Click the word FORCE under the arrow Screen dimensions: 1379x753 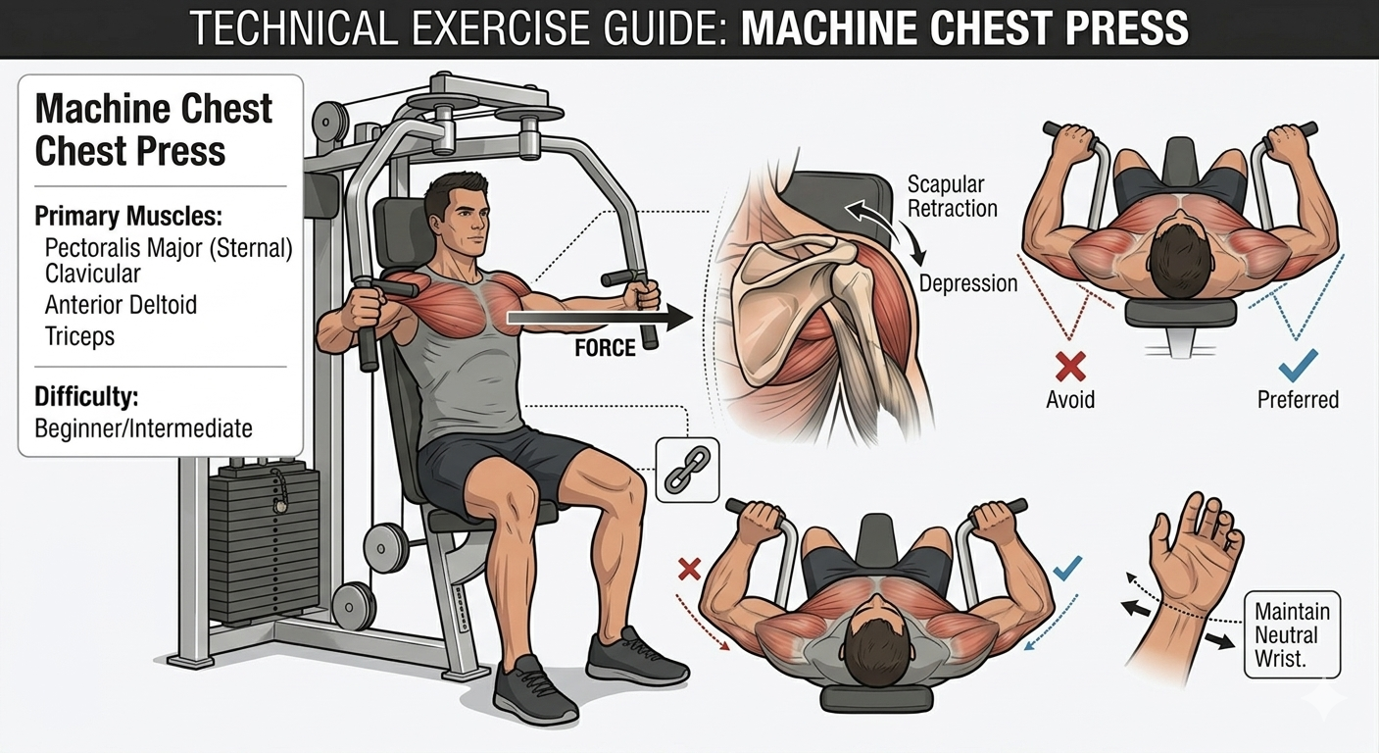605,348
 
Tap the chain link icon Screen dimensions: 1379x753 687,470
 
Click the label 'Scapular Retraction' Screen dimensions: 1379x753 952,196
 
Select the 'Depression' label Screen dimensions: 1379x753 967,283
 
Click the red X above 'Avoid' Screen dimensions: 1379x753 1070,367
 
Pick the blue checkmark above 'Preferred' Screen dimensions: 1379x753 1298,365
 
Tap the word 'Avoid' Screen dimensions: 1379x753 1070,400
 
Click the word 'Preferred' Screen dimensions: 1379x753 1298,400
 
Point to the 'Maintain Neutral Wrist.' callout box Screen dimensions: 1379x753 1292,634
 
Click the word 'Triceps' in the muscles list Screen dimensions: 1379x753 79,336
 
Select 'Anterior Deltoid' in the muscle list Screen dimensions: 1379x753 121,305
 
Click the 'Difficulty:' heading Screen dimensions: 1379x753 86,397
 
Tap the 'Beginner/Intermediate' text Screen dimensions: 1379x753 143,428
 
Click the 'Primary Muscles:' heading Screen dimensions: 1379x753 128,216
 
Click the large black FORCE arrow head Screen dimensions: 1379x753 679,318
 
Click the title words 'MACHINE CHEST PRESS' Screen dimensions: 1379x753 964,28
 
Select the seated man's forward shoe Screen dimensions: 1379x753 534,690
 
